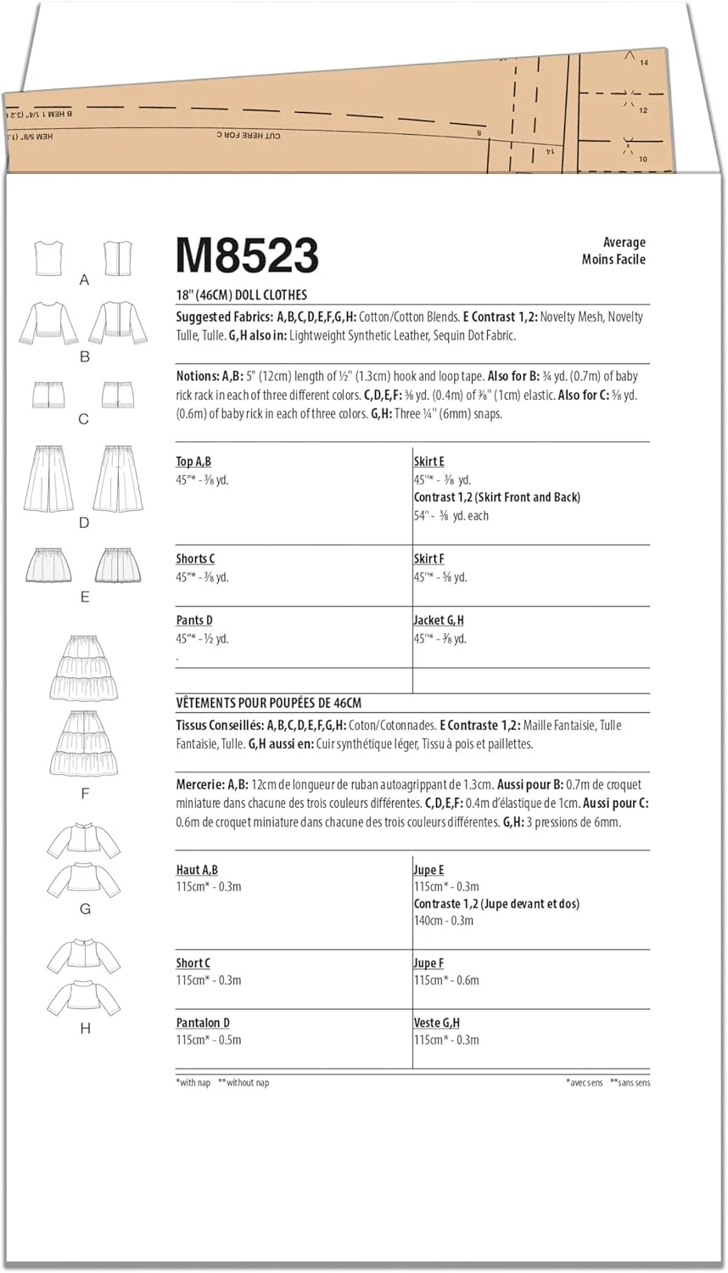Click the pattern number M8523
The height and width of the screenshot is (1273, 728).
pos(247,255)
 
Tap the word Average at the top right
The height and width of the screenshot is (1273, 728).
pos(624,243)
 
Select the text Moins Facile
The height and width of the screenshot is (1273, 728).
pos(613,260)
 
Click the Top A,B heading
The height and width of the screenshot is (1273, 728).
pos(193,462)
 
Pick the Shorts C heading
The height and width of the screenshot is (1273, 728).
pos(195,558)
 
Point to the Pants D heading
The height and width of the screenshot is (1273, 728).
pos(194,620)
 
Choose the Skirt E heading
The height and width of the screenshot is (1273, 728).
pos(428,462)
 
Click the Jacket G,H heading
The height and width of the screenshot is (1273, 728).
pos(439,620)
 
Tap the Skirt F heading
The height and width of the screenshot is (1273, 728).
pos(428,558)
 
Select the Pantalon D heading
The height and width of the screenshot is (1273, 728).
pos(203,1023)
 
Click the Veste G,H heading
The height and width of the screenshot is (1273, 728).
pos(436,1023)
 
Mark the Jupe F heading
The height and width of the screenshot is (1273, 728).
pos(428,963)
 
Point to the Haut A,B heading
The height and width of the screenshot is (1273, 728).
pos(197,870)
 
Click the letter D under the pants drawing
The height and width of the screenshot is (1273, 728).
pos(84,523)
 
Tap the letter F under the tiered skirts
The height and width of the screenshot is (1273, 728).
pos(85,794)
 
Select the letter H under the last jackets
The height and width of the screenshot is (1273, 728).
pos(85,1029)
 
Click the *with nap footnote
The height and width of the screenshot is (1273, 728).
pos(193,1083)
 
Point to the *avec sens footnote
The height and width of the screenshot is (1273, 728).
pos(585,1083)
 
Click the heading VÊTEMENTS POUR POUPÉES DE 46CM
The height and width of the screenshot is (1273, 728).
pos(268,704)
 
